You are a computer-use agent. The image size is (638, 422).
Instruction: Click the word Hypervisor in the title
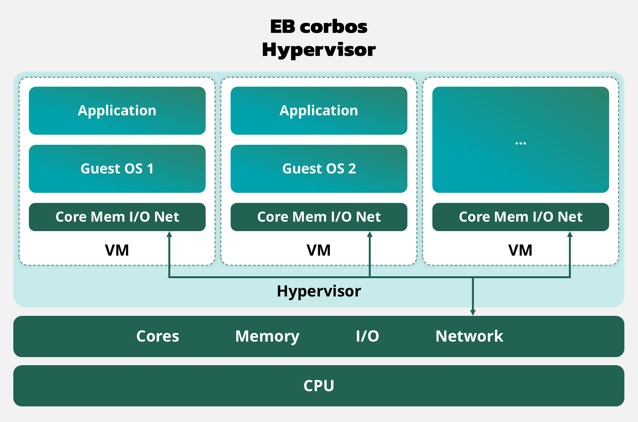click(319, 50)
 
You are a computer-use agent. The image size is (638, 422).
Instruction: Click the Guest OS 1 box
click(117, 169)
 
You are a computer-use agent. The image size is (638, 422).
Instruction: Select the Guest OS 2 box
click(319, 169)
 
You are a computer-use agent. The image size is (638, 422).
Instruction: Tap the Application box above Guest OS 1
click(117, 111)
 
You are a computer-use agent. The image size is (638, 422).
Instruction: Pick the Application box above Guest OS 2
click(319, 111)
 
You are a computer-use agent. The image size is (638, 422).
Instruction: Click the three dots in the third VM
click(521, 143)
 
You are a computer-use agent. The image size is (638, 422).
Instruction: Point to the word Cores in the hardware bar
click(158, 336)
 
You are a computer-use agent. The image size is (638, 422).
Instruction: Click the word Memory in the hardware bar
click(267, 336)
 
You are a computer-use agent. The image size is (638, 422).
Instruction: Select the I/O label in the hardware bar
click(367, 336)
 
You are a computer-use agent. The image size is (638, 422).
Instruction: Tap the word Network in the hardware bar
click(469, 336)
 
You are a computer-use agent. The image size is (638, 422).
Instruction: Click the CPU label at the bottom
click(319, 386)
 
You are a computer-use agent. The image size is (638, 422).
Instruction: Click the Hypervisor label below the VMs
click(319, 291)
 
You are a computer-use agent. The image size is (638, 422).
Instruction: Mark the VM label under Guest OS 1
click(117, 250)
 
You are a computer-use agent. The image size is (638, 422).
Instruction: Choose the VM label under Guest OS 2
click(319, 250)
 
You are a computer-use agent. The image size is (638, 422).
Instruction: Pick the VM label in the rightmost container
click(520, 250)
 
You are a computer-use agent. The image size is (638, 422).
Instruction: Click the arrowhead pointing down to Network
click(473, 312)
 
